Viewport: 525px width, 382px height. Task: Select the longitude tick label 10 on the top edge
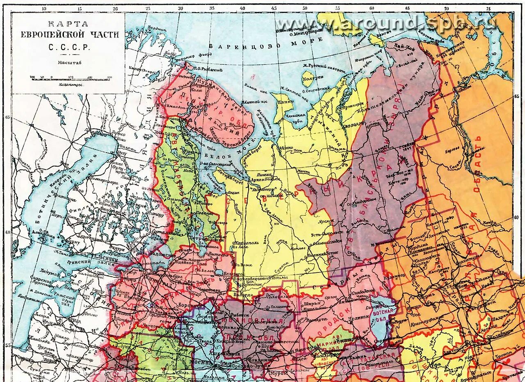click(44, 8)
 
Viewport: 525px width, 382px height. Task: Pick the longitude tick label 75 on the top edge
click(488, 8)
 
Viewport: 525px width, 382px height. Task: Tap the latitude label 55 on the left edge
click(7, 345)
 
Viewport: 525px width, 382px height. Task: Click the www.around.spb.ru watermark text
click(386, 23)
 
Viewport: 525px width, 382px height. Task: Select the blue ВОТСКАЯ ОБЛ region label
click(382, 315)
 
